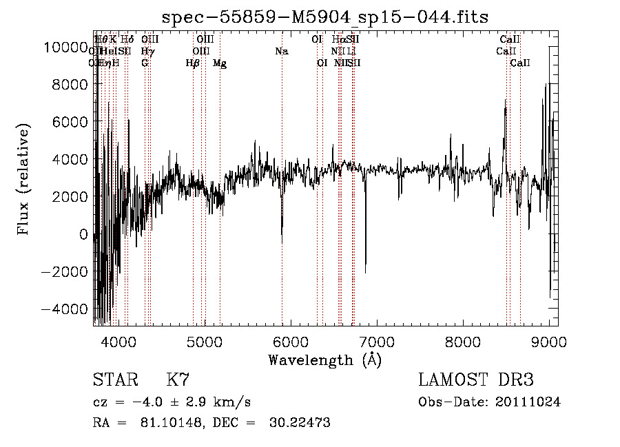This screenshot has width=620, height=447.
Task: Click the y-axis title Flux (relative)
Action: point(24,179)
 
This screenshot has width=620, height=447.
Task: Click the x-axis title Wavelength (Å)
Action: point(325,360)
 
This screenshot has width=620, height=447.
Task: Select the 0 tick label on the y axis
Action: point(84,234)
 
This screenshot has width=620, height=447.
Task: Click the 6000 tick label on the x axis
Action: point(290,341)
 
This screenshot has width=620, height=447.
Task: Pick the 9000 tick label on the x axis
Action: point(549,341)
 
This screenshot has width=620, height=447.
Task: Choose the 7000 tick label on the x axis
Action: point(376,341)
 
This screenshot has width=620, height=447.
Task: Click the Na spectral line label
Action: point(281,51)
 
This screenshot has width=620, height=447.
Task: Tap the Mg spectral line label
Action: point(220,63)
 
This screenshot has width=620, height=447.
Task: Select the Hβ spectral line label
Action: point(193,63)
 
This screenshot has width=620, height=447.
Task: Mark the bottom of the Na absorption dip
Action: point(282,241)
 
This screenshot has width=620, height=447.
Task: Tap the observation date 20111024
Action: point(527,402)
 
